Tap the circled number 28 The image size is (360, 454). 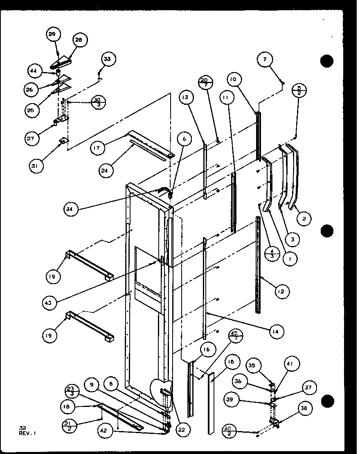click(79, 40)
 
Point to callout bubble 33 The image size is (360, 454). click(107, 59)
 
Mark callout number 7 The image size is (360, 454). click(265, 60)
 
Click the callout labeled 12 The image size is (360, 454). click(281, 291)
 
